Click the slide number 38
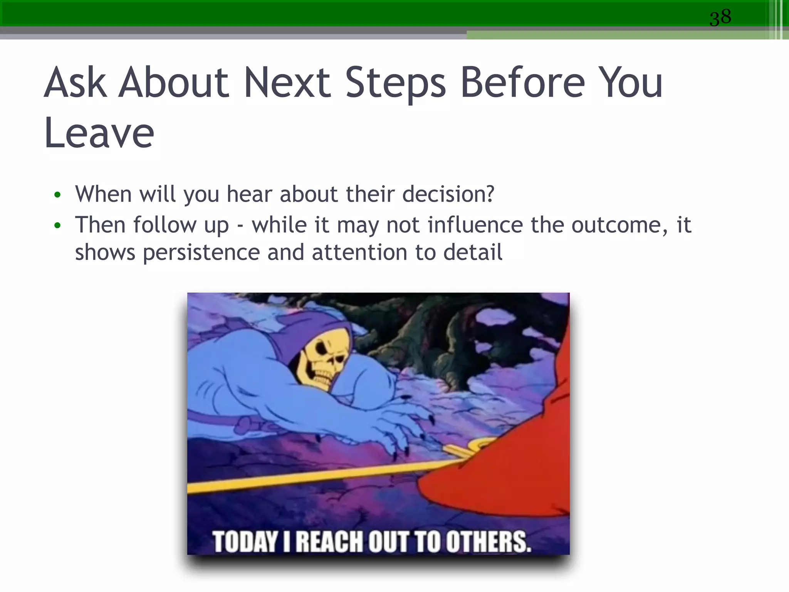[x=720, y=18]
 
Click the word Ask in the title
[x=76, y=82]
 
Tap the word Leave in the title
[x=99, y=133]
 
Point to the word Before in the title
[x=523, y=82]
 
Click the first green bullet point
[x=57, y=195]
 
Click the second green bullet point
[x=57, y=226]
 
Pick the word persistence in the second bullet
[x=201, y=253]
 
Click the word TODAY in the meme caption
[x=245, y=542]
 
